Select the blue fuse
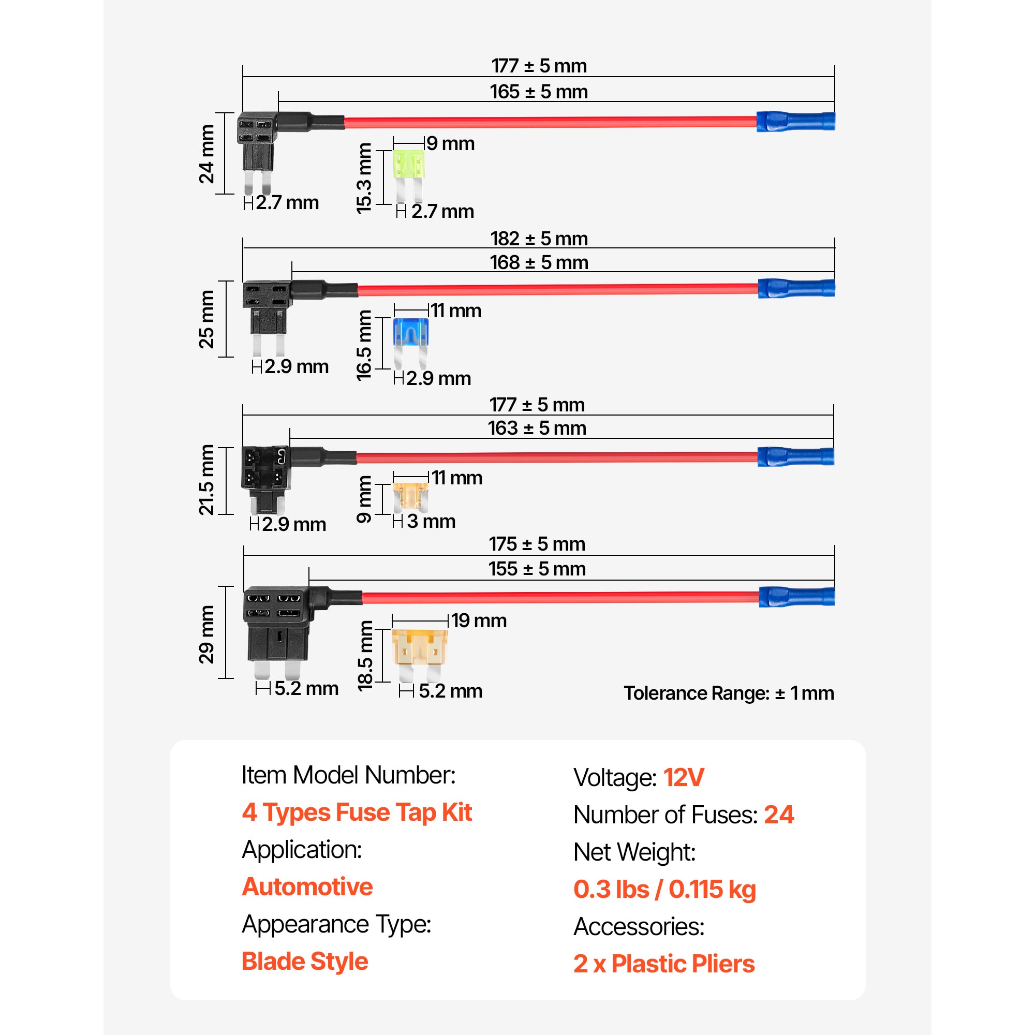pyautogui.click(x=410, y=343)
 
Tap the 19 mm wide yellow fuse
pyautogui.click(x=420, y=654)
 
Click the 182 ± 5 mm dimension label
pyautogui.click(x=539, y=239)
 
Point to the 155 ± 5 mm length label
pyautogui.click(x=537, y=568)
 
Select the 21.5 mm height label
pyautogui.click(x=206, y=480)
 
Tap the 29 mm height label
pyautogui.click(x=206, y=634)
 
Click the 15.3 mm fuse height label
pyautogui.click(x=364, y=178)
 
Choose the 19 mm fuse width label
pyautogui.click(x=478, y=620)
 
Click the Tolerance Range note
pyautogui.click(x=729, y=693)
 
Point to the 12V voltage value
pyautogui.click(x=684, y=777)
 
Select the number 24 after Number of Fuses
pyautogui.click(x=778, y=814)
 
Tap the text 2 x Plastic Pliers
pyautogui.click(x=664, y=963)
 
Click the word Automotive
pyautogui.click(x=307, y=886)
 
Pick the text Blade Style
pyautogui.click(x=305, y=960)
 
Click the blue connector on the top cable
pyautogui.click(x=795, y=122)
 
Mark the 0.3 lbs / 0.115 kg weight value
pyautogui.click(x=664, y=889)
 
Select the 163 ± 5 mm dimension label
pyautogui.click(x=537, y=427)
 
